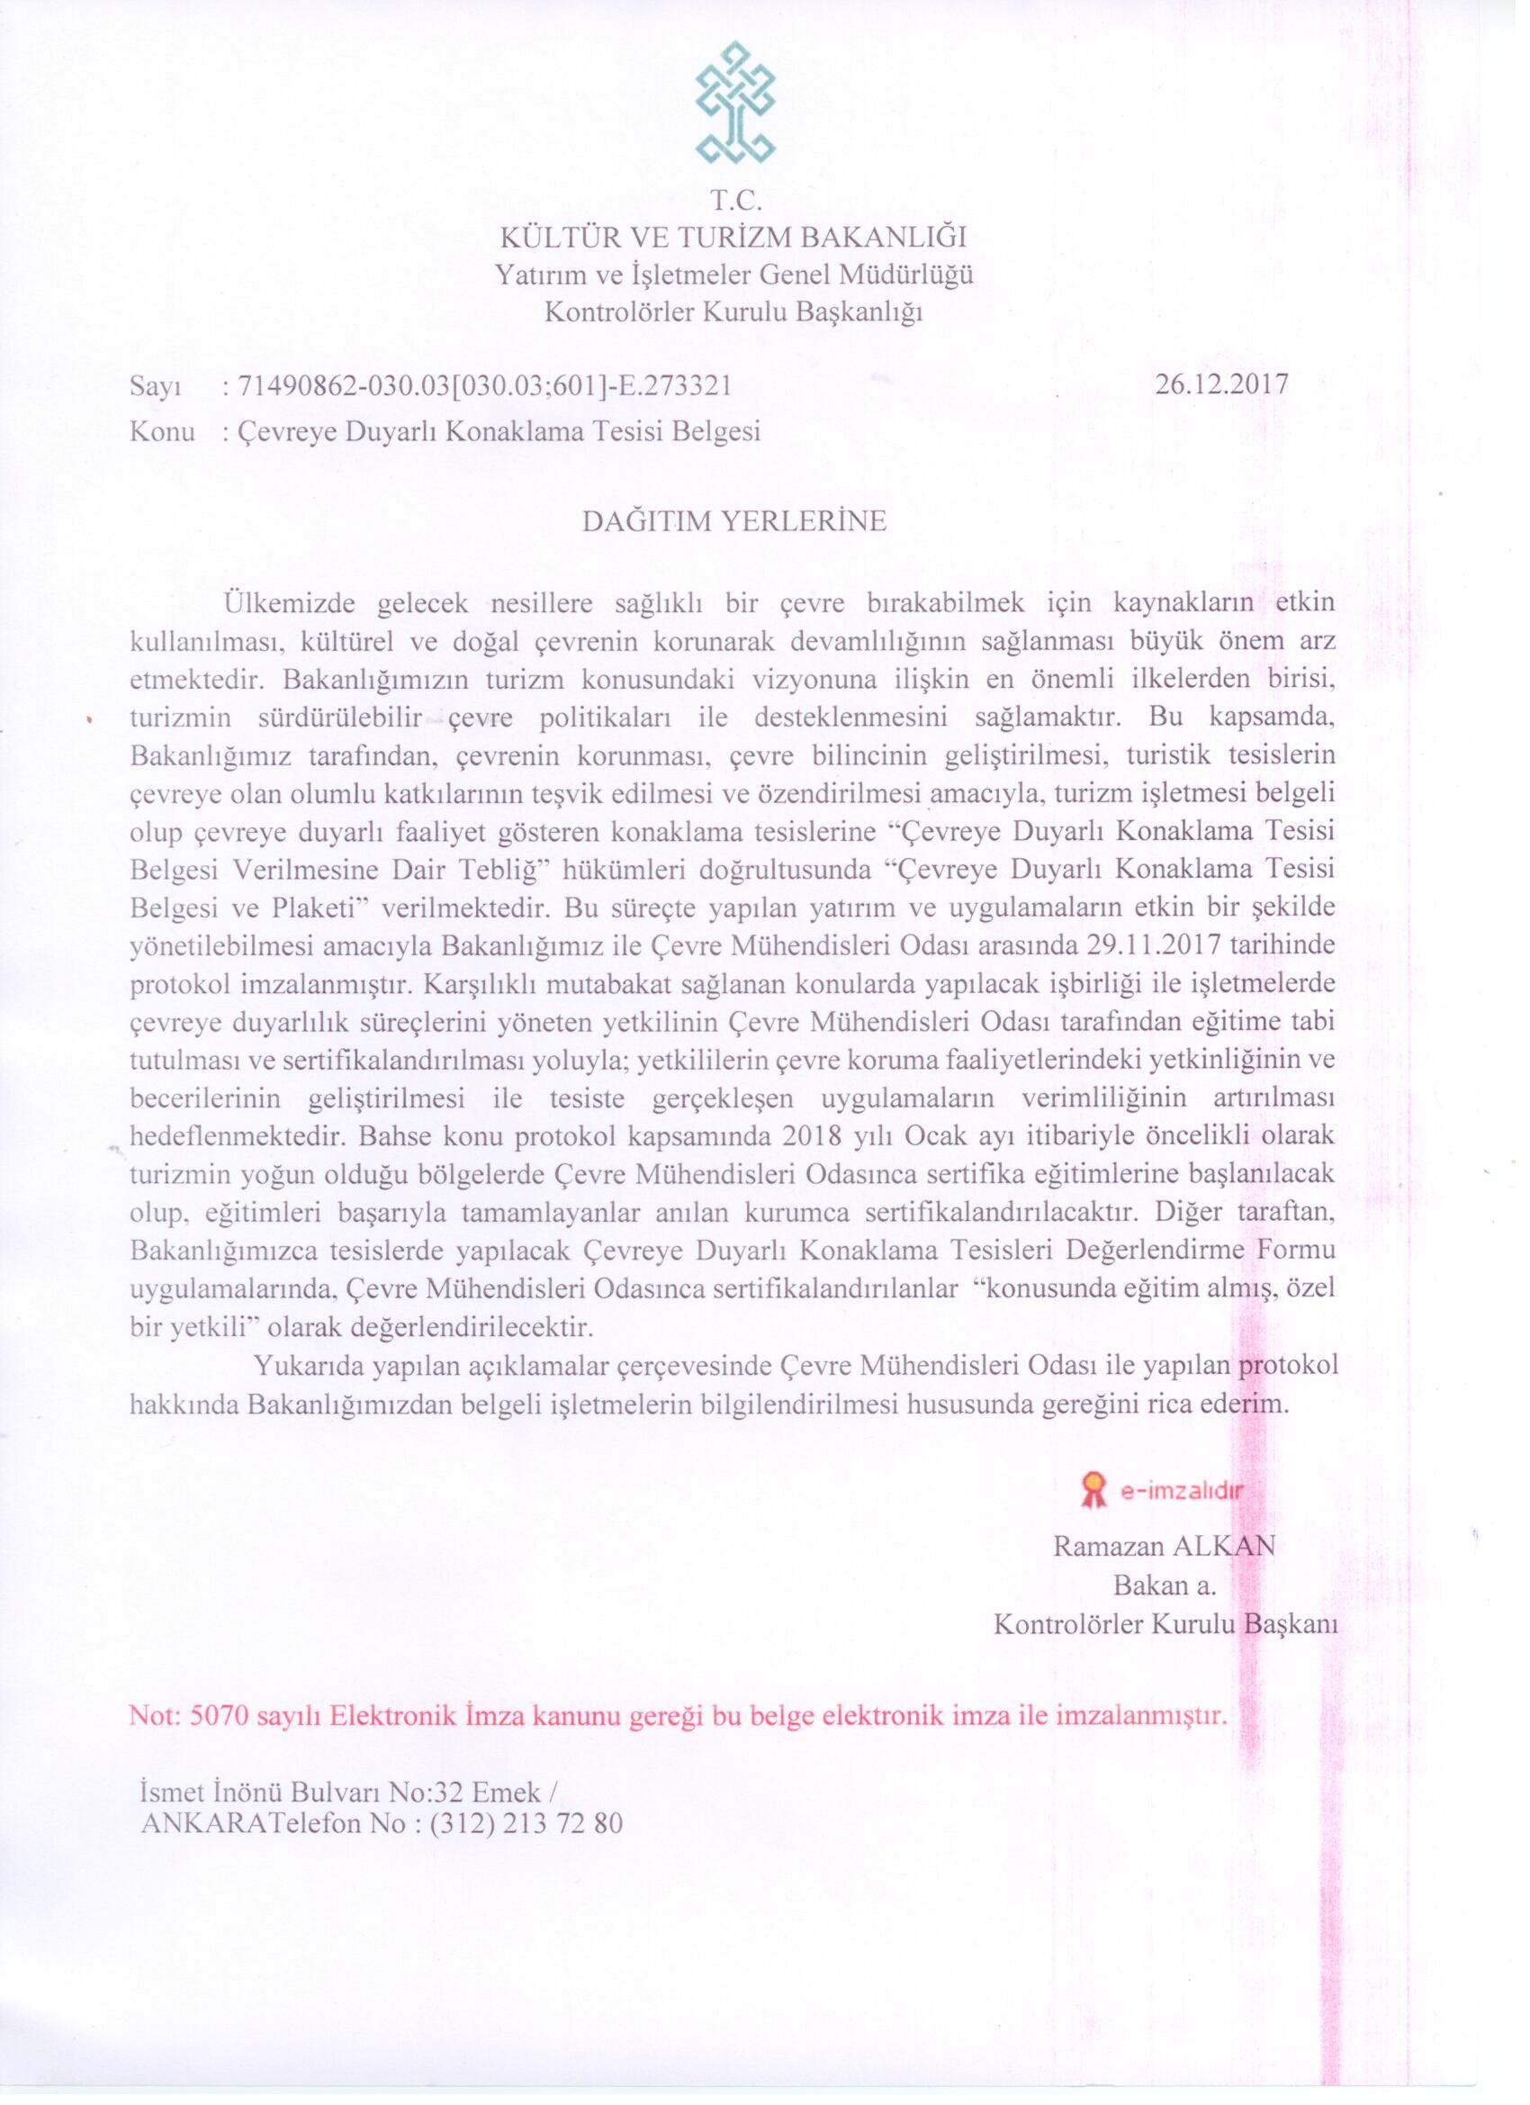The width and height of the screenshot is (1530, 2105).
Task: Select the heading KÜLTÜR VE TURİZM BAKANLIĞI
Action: (x=733, y=239)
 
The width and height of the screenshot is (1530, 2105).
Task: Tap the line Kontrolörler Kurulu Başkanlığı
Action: (x=733, y=312)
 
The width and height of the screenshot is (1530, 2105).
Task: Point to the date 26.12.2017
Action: (x=1222, y=385)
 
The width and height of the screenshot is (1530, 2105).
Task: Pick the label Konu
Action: (x=162, y=431)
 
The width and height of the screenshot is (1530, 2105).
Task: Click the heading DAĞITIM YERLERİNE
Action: (x=733, y=521)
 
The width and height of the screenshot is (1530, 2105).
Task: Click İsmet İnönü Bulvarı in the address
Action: (x=257, y=1790)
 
